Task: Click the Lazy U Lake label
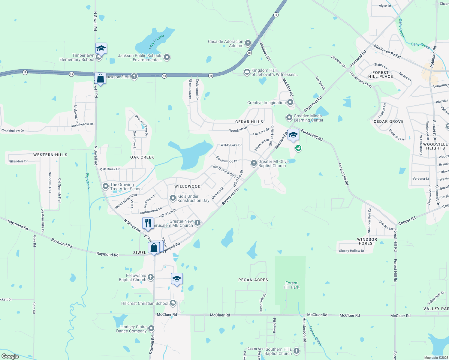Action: [x=156, y=42]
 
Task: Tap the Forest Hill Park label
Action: [x=291, y=285]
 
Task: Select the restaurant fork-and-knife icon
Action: [x=148, y=223]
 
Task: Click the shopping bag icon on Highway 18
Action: [x=101, y=79]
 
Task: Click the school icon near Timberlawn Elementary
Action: [x=101, y=48]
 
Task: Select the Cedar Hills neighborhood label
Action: [x=249, y=122]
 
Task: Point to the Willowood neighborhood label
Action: [x=187, y=186]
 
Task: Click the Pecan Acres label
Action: [x=253, y=280]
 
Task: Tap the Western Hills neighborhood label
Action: [x=50, y=155]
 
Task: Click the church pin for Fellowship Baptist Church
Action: [x=151, y=277]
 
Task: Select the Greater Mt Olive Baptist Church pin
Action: [x=254, y=163]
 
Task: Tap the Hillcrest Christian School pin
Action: [x=173, y=303]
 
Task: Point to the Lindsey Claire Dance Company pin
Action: [x=151, y=328]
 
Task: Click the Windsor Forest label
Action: [x=367, y=241]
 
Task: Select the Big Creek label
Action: [x=88, y=181]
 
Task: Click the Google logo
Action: [x=10, y=356]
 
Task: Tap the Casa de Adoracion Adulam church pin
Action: [x=248, y=43]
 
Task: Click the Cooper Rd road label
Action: [x=407, y=221]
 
